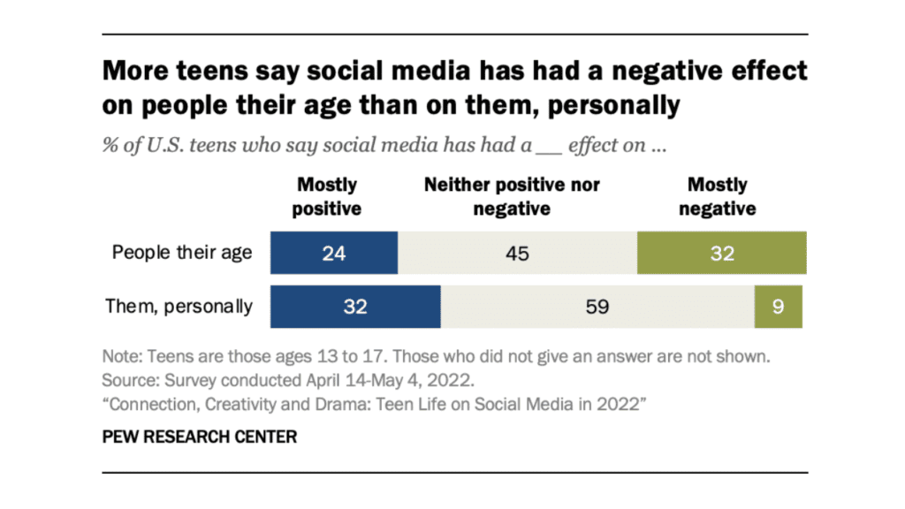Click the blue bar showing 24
[334, 254]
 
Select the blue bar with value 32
[355, 307]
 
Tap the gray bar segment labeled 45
[517, 254]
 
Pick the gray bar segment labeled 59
[597, 307]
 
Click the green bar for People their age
[721, 254]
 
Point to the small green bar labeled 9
[778, 307]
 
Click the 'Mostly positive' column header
[328, 197]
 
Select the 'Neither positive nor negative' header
[512, 197]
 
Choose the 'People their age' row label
[182, 254]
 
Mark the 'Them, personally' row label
[179, 307]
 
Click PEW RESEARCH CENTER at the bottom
[200, 437]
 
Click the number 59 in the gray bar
[597, 307]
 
